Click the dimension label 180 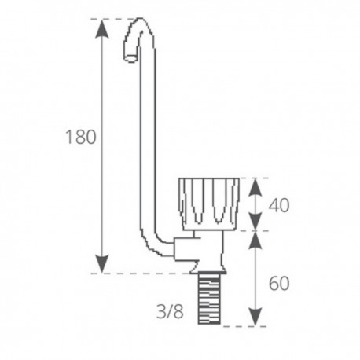point(81,136)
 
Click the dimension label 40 point(280,205)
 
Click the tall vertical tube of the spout point(148,141)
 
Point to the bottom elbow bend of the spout point(156,248)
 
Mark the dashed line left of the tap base point(141,273)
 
